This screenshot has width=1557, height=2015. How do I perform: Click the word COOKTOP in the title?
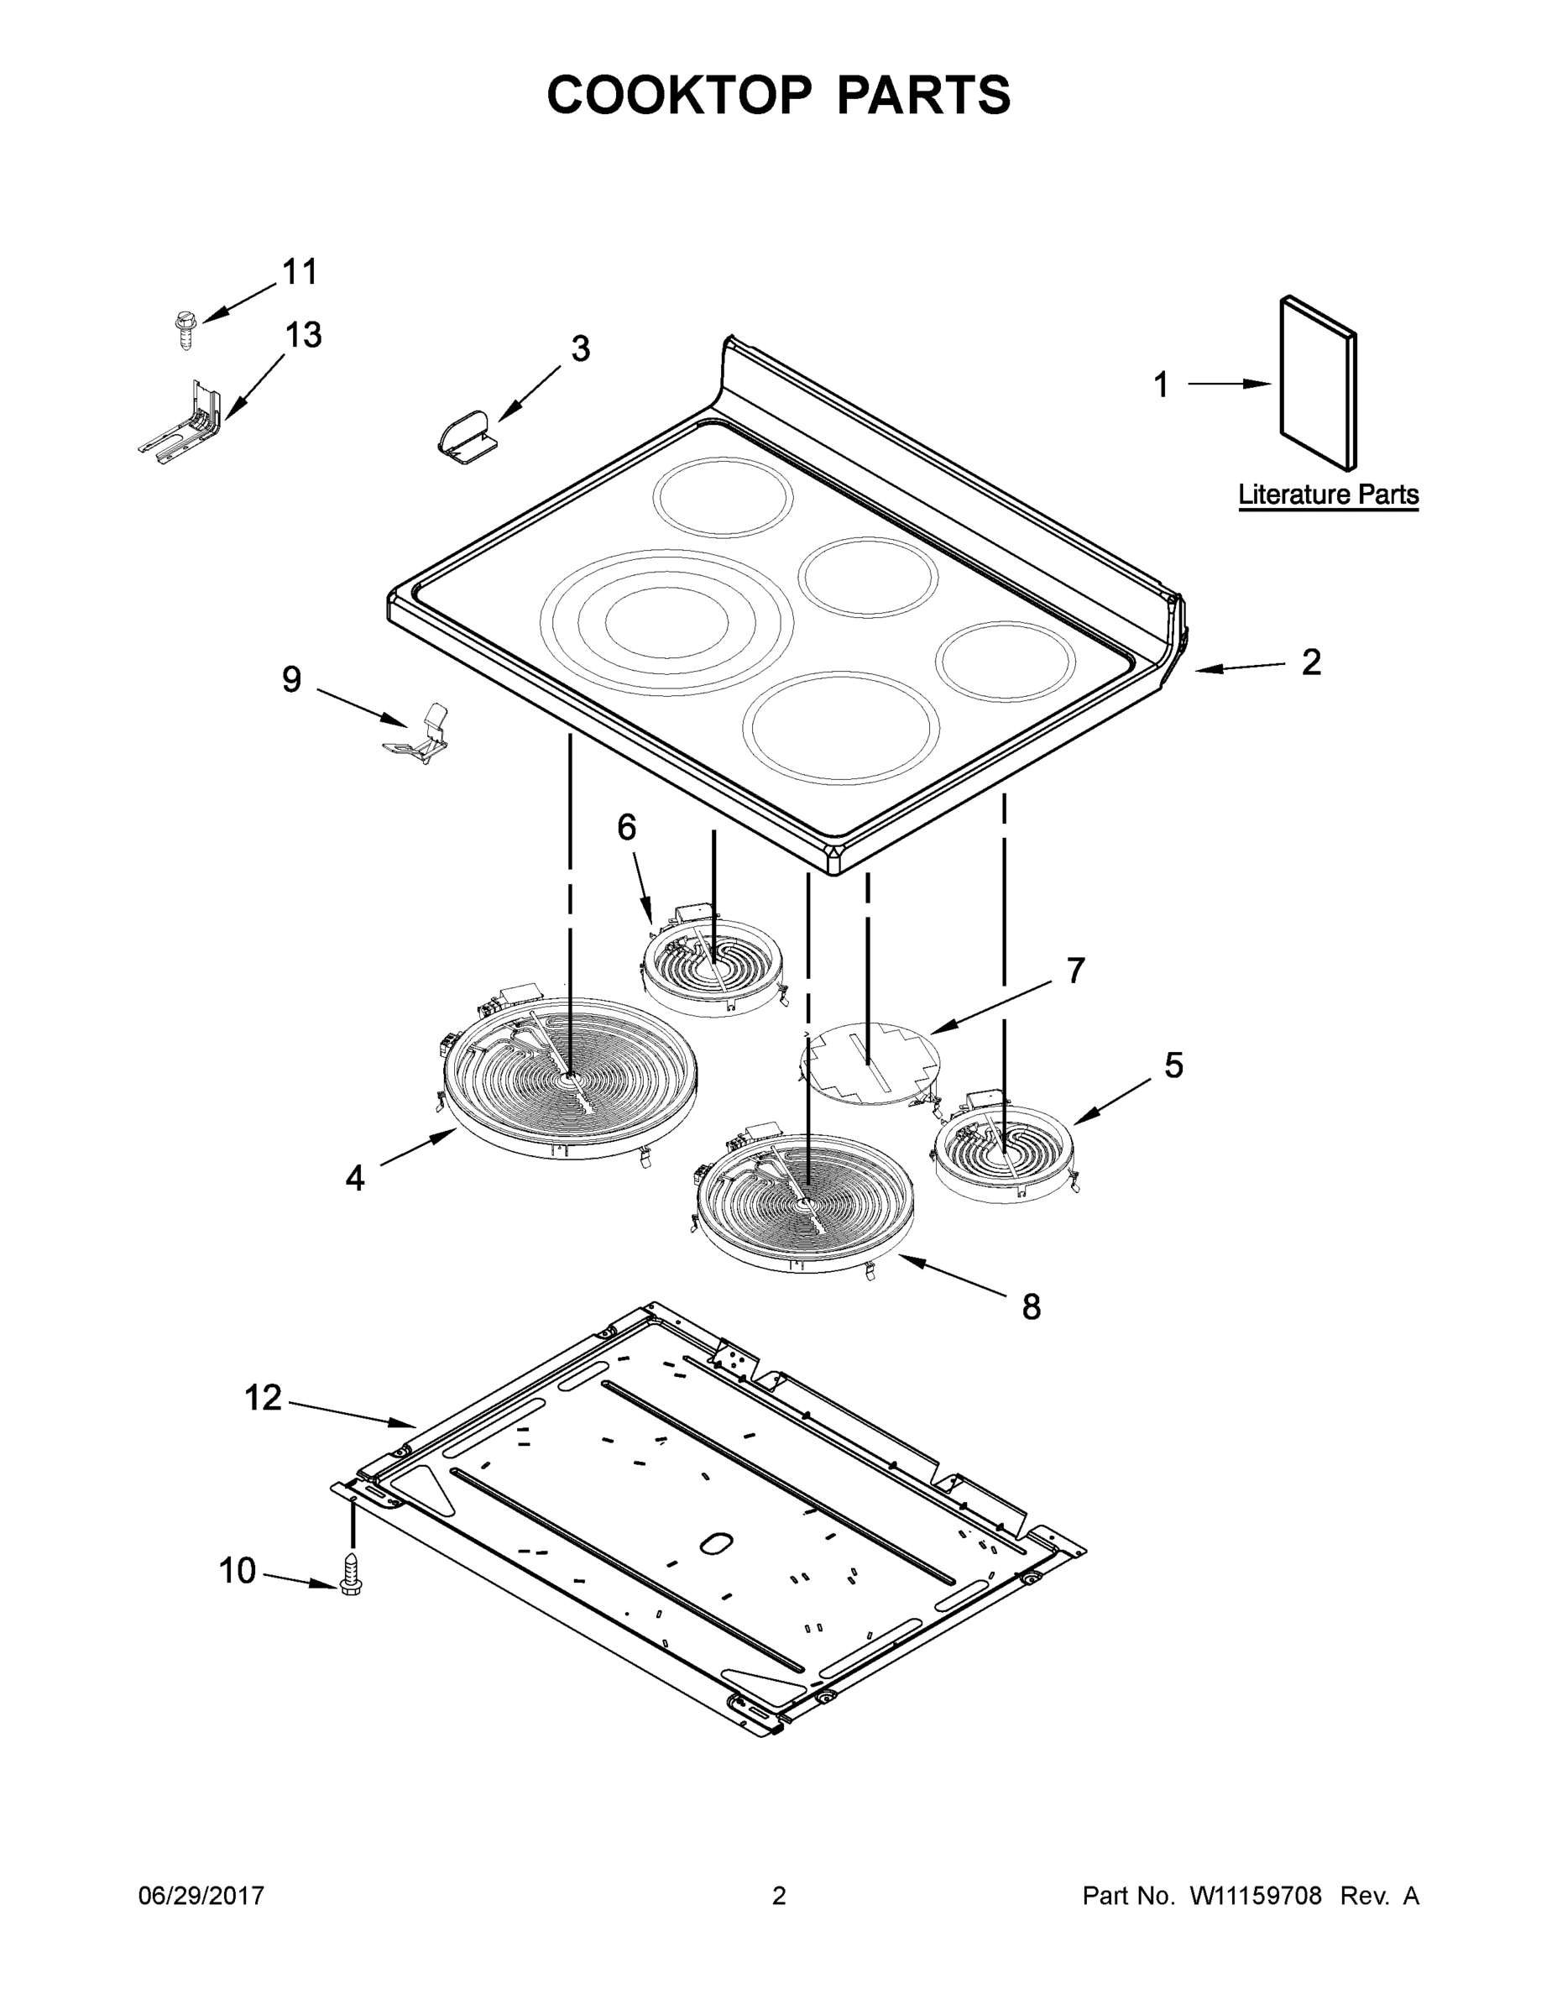pyautogui.click(x=680, y=95)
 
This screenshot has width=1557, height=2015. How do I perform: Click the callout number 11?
pyautogui.click(x=299, y=272)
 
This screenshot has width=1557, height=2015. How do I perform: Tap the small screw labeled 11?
pyautogui.click(x=185, y=329)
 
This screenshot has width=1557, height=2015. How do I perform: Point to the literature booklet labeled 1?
pyautogui.click(x=1317, y=383)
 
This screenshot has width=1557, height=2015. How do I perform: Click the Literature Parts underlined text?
pyautogui.click(x=1327, y=495)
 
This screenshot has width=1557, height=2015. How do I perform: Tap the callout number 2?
pyautogui.click(x=1311, y=662)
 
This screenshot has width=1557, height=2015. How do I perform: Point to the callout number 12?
pyautogui.click(x=262, y=1398)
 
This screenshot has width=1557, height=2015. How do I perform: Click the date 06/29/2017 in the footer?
pyautogui.click(x=201, y=1896)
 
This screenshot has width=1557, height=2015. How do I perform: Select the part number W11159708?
pyautogui.click(x=1256, y=1896)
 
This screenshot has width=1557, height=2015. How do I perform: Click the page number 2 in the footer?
pyautogui.click(x=779, y=1896)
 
